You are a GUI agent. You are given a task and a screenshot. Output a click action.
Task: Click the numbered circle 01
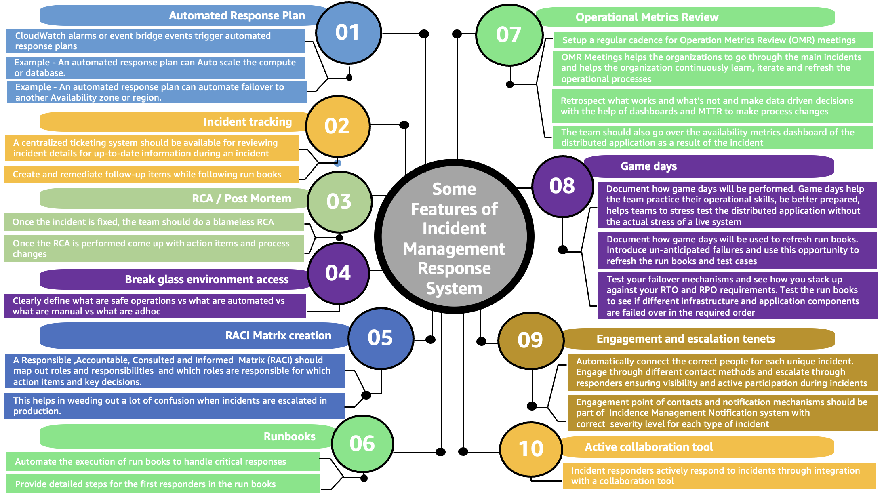348,33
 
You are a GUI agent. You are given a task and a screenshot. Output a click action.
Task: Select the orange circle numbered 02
337,126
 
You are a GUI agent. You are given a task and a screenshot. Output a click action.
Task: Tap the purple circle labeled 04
338,273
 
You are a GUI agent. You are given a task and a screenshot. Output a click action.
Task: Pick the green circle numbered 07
509,35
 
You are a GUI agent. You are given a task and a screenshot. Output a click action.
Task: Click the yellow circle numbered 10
531,449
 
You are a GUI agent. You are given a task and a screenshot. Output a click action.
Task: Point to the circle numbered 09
530,340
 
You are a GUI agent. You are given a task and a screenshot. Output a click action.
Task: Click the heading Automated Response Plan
237,16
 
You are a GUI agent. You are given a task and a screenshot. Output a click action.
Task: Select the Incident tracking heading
247,122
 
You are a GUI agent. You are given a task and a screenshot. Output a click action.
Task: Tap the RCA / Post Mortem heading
241,199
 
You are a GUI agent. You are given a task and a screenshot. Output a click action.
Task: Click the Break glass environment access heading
206,280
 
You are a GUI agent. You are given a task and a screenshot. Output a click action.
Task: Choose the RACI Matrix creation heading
278,336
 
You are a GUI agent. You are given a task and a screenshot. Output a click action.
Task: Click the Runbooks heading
289,437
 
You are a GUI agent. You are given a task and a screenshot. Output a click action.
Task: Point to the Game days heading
648,166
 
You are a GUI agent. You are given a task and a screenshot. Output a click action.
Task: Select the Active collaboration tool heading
648,447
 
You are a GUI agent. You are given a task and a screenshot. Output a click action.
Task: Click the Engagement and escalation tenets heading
685,339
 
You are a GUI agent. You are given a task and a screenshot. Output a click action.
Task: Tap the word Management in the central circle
454,249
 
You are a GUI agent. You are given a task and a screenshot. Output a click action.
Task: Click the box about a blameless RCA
154,222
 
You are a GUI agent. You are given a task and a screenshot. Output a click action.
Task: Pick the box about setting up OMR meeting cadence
713,40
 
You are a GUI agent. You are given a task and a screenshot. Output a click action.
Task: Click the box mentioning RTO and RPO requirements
737,296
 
